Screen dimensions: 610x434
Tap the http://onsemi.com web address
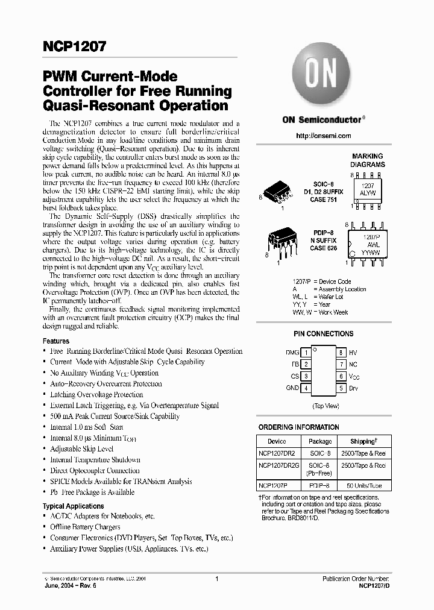click(x=324, y=136)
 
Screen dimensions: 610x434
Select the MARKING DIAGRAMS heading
click(x=367, y=160)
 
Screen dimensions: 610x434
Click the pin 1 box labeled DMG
click(x=306, y=352)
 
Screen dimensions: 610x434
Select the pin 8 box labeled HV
click(x=341, y=352)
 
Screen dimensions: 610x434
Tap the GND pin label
click(x=292, y=388)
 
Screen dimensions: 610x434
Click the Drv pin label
click(x=353, y=388)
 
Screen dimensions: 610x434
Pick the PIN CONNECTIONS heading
click(x=324, y=334)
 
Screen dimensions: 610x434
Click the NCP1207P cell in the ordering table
click(x=273, y=485)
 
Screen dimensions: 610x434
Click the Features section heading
click(x=56, y=341)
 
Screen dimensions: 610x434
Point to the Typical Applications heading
click(x=74, y=506)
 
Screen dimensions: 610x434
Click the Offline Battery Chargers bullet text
click(x=85, y=527)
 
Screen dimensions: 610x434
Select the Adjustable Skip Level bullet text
click(x=81, y=449)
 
